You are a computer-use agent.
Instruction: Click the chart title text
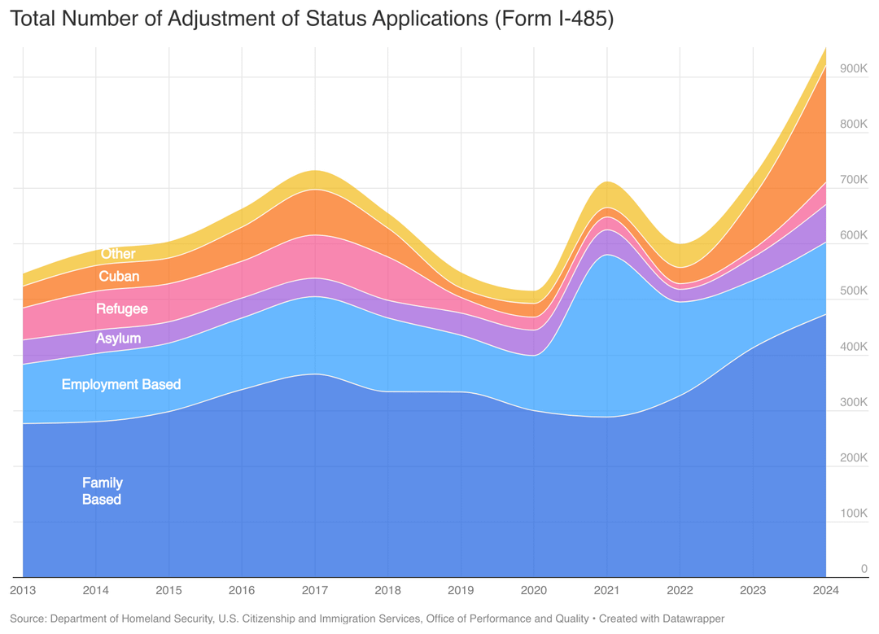311,20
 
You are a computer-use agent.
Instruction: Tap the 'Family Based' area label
102,491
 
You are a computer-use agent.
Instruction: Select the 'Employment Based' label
121,384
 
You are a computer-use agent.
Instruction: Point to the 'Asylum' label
118,339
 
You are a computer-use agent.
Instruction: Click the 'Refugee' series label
122,309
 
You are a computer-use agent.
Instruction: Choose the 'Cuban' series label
119,277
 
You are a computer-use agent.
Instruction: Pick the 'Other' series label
118,254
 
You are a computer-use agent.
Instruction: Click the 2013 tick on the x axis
23,590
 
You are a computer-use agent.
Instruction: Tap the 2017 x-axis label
315,590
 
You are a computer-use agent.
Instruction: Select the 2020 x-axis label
534,590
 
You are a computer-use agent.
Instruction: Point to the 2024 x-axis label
825,590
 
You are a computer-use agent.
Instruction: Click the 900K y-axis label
853,68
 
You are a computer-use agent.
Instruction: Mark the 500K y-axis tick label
853,291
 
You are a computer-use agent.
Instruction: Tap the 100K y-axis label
853,514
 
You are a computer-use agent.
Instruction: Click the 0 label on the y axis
864,569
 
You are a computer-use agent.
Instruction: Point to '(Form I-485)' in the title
553,20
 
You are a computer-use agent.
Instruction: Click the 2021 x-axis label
606,590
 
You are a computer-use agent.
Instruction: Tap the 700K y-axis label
853,180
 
